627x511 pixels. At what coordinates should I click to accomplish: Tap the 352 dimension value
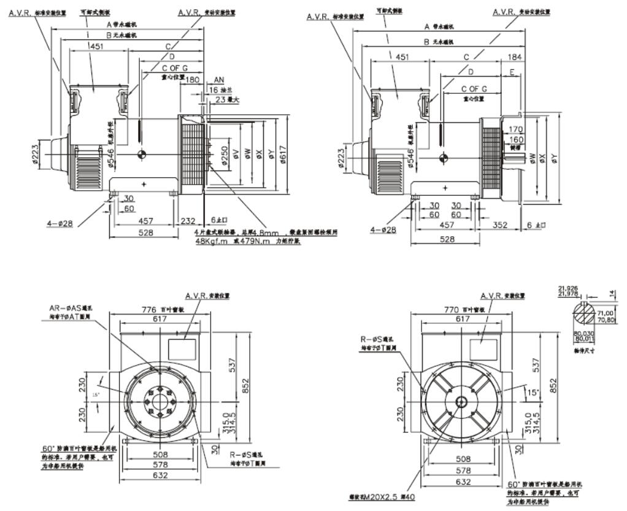501,225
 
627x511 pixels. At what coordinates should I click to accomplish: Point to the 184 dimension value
516,57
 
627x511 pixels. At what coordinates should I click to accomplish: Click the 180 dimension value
192,80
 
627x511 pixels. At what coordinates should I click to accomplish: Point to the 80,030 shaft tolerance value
584,333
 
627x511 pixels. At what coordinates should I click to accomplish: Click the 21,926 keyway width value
567,287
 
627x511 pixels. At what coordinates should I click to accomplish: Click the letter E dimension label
512,72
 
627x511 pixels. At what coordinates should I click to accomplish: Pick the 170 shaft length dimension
516,129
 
